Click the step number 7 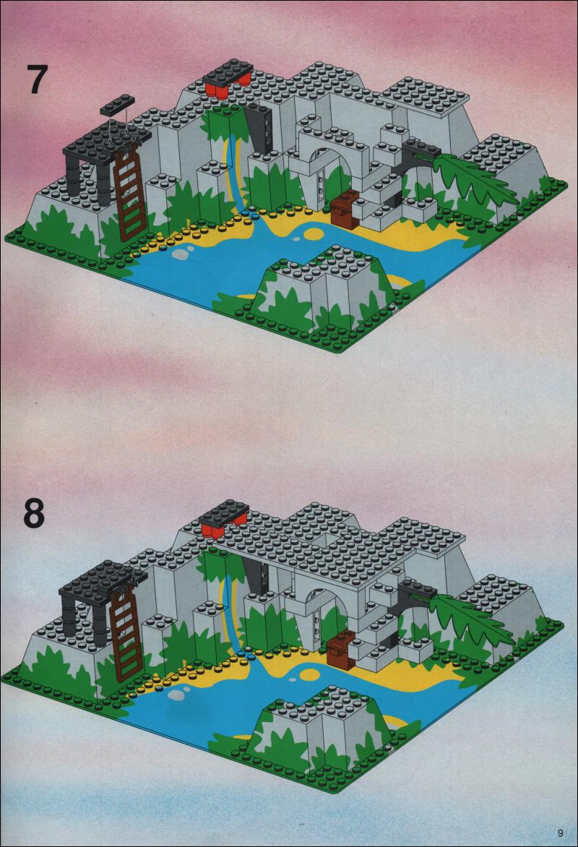click(x=38, y=80)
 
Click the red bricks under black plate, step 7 click(x=227, y=87)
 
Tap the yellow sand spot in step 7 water click(x=311, y=234)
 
